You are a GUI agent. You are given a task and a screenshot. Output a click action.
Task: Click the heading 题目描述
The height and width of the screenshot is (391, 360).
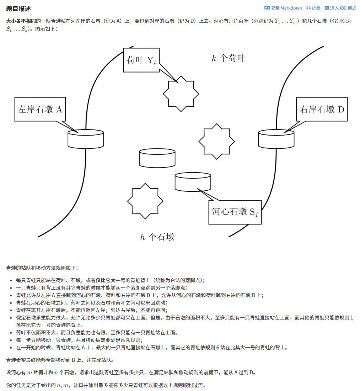click(18, 8)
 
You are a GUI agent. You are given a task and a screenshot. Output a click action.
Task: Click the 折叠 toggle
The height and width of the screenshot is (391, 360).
click(313, 8)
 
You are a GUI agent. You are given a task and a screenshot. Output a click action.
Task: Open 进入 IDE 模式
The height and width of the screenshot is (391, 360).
click(340, 8)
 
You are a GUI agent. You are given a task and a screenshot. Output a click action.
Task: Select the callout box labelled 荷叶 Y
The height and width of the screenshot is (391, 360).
click(141, 60)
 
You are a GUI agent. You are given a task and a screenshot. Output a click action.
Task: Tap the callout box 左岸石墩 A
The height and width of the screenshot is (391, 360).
click(40, 109)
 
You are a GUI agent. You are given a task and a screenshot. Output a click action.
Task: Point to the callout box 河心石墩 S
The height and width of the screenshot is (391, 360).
click(235, 212)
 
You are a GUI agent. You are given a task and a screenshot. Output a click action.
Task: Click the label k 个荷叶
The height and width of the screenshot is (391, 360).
click(229, 58)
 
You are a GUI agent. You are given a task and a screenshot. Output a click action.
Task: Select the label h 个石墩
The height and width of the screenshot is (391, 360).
click(157, 237)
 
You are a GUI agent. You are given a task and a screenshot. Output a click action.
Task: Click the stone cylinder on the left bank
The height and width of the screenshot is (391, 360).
click(86, 139)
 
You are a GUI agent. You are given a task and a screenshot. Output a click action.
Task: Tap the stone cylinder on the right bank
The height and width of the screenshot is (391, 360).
click(276, 139)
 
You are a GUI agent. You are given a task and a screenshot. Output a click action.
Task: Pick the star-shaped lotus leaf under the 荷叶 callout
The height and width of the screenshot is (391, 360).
click(181, 94)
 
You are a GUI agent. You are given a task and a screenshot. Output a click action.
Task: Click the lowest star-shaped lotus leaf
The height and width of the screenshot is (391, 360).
click(145, 201)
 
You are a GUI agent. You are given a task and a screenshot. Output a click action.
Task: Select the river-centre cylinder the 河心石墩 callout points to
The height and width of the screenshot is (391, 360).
click(193, 181)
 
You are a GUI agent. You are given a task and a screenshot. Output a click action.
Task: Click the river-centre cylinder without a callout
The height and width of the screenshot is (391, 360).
click(157, 158)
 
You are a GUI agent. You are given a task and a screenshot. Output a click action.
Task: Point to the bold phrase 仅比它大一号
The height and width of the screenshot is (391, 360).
click(111, 280)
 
